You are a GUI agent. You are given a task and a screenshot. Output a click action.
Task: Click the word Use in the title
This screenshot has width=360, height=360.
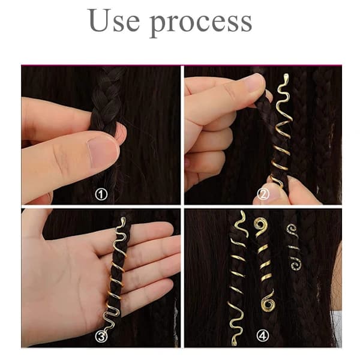[x=113, y=20]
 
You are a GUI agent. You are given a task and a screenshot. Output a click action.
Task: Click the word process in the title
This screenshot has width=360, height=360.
[x=201, y=23]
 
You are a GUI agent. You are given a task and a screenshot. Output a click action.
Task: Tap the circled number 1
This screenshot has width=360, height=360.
[x=101, y=194]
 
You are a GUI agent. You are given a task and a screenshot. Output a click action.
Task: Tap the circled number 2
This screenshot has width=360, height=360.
[x=263, y=194]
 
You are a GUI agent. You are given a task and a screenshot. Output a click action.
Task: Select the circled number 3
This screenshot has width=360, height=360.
[x=101, y=337]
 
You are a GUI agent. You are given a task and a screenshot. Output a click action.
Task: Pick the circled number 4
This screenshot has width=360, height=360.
[x=263, y=337]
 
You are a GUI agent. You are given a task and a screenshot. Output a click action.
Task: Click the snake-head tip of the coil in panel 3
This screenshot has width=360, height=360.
[x=123, y=220]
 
